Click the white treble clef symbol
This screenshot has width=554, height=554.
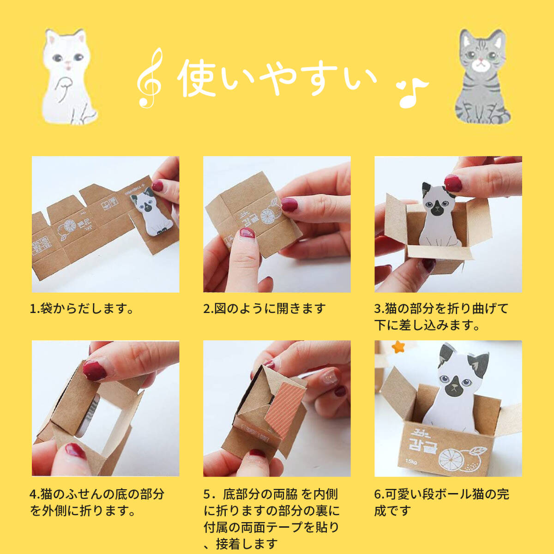pyautogui.click(x=150, y=78)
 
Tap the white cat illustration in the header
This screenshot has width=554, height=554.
pyautogui.click(x=69, y=77)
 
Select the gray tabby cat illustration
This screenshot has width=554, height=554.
pyautogui.click(x=482, y=77)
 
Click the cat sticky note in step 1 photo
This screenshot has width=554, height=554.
pyautogui.click(x=151, y=211)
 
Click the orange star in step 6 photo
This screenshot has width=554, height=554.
pyautogui.click(x=398, y=347)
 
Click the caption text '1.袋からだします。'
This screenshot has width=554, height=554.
pyautogui.click(x=81, y=308)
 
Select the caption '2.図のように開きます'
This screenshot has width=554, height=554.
pyautogui.click(x=264, y=308)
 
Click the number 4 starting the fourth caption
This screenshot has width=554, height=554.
pyautogui.click(x=34, y=494)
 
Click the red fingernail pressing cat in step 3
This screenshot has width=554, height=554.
pyautogui.click(x=453, y=183)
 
